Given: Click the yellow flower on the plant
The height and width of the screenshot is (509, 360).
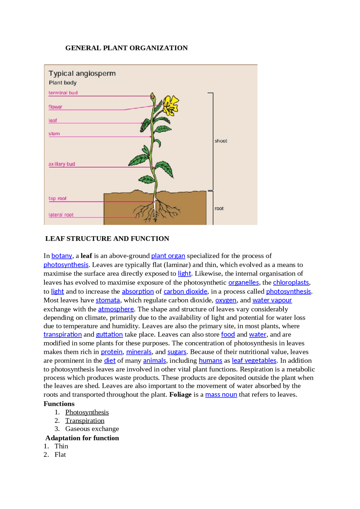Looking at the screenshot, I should click(x=171, y=105).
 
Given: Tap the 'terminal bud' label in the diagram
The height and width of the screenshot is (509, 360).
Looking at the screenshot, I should click(x=63, y=93).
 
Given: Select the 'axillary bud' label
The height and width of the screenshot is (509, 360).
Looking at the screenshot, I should click(x=62, y=164).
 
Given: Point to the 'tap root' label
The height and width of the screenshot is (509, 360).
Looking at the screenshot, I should click(x=57, y=198).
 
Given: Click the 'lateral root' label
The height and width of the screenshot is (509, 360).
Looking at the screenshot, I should click(x=61, y=215).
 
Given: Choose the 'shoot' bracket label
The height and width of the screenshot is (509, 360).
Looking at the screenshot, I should click(x=221, y=141).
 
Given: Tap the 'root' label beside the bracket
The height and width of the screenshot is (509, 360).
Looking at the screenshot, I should click(x=219, y=209).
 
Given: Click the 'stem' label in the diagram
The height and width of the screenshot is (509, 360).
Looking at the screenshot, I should click(x=54, y=134).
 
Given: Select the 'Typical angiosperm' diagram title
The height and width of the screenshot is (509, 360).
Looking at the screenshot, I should click(x=82, y=74).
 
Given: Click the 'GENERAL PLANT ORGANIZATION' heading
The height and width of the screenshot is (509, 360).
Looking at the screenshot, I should click(x=126, y=48).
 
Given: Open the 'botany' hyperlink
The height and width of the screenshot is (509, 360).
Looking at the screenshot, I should click(x=62, y=256).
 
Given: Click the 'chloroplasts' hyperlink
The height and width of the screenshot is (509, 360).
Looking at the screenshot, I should click(x=291, y=282).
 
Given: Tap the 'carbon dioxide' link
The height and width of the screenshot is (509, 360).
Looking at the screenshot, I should click(x=185, y=291).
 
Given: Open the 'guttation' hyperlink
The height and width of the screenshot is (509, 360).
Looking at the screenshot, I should click(x=109, y=334).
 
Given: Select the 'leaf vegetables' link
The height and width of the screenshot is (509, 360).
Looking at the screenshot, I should click(x=254, y=361).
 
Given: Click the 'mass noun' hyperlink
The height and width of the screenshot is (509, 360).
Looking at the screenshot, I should click(x=221, y=395).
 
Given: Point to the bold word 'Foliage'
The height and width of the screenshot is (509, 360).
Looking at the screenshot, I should click(x=180, y=395).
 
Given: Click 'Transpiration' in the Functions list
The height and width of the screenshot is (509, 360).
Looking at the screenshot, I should click(x=85, y=421).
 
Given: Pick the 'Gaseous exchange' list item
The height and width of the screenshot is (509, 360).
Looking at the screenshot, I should click(x=92, y=429).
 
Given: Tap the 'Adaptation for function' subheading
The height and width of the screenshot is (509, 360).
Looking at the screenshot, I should click(x=82, y=438).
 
